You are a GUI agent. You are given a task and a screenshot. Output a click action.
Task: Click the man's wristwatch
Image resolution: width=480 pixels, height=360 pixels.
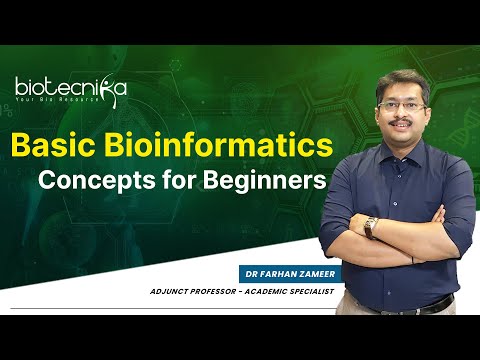point(370,228)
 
